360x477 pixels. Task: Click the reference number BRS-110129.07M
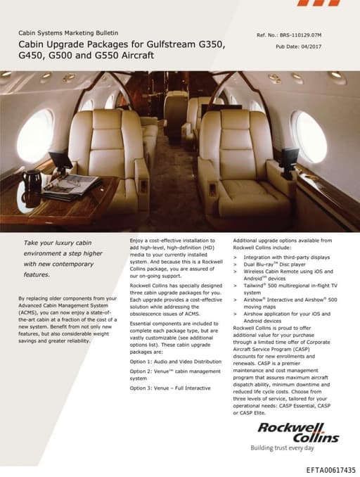pyautogui.click(x=309, y=34)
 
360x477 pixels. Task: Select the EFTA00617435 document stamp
pyautogui.click(x=331, y=469)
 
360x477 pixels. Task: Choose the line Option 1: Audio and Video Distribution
pyautogui.click(x=173, y=361)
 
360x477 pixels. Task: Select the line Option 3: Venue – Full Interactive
pyautogui.click(x=169, y=388)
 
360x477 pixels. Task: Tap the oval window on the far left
pyautogui.click(x=36, y=134)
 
